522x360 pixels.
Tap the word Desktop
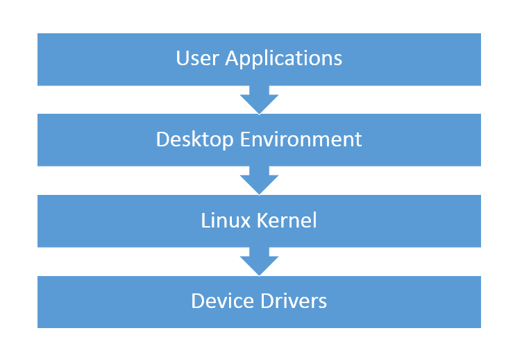(x=195, y=139)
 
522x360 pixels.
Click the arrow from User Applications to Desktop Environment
(x=259, y=99)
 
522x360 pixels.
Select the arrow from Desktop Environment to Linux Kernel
(x=259, y=180)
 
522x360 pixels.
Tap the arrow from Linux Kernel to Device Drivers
(x=259, y=261)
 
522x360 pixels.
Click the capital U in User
(x=183, y=58)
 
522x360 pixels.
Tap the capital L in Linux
(x=205, y=220)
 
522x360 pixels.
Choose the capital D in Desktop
(x=163, y=139)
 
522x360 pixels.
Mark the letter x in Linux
(x=244, y=222)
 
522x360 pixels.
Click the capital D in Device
(x=198, y=301)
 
